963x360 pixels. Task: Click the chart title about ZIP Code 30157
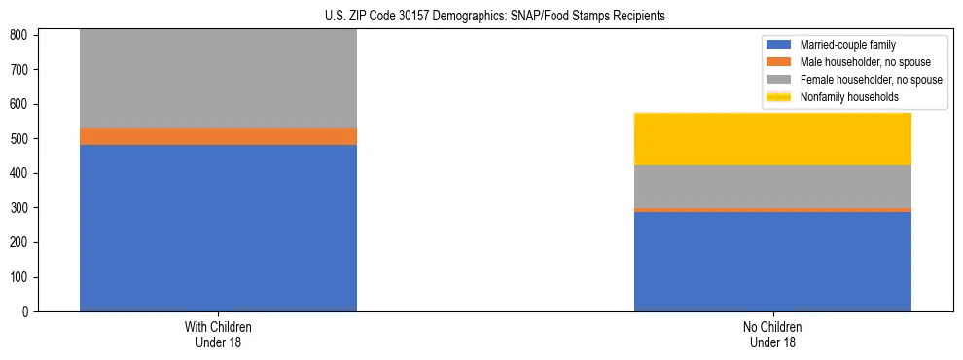pyautogui.click(x=495, y=17)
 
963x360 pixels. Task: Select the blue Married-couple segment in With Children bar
pyautogui.click(x=218, y=228)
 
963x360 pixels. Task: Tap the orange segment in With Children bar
pyautogui.click(x=218, y=136)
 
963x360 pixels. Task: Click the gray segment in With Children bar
pyautogui.click(x=218, y=79)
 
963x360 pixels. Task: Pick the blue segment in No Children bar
pyautogui.click(x=772, y=261)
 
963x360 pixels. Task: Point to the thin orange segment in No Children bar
pyautogui.click(x=772, y=209)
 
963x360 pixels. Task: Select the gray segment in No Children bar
pyautogui.click(x=772, y=186)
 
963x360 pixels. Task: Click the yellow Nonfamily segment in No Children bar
pyautogui.click(x=772, y=139)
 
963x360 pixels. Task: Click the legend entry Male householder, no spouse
pyautogui.click(x=856, y=62)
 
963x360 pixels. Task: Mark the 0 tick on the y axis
pyautogui.click(x=27, y=312)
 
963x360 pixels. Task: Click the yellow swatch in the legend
pyautogui.click(x=779, y=97)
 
